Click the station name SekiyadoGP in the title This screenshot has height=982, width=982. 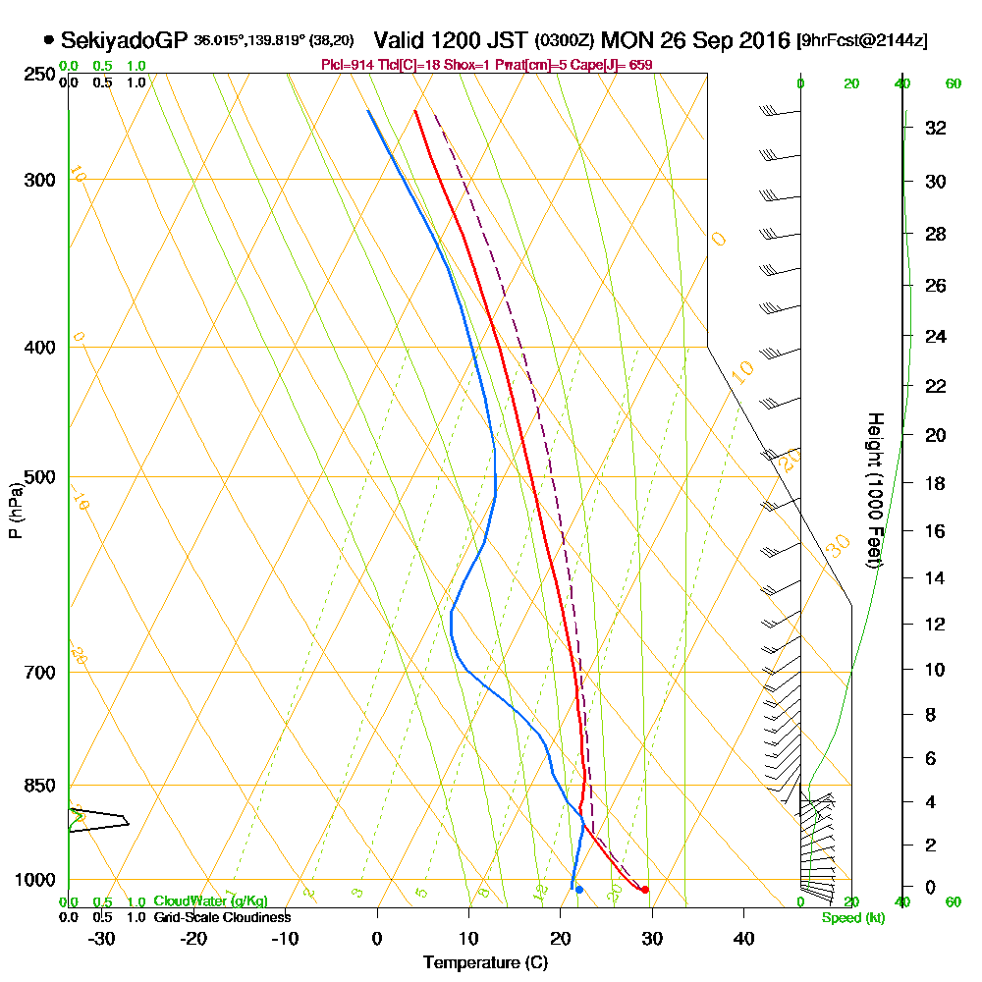point(124,41)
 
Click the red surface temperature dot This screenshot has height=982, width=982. point(644,890)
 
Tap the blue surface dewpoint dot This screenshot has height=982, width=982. point(579,890)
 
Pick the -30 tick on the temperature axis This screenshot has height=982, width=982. point(102,938)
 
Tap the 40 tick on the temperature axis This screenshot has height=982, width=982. point(744,938)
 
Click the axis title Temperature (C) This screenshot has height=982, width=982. point(485,962)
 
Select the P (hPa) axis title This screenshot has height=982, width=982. point(16,511)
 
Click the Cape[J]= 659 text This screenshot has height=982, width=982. point(618,65)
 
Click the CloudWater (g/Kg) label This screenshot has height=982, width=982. point(210,901)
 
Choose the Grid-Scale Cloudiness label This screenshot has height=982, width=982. point(222,917)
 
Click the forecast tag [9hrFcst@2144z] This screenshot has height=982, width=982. point(863,42)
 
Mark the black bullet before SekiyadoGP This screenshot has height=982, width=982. point(48,41)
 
